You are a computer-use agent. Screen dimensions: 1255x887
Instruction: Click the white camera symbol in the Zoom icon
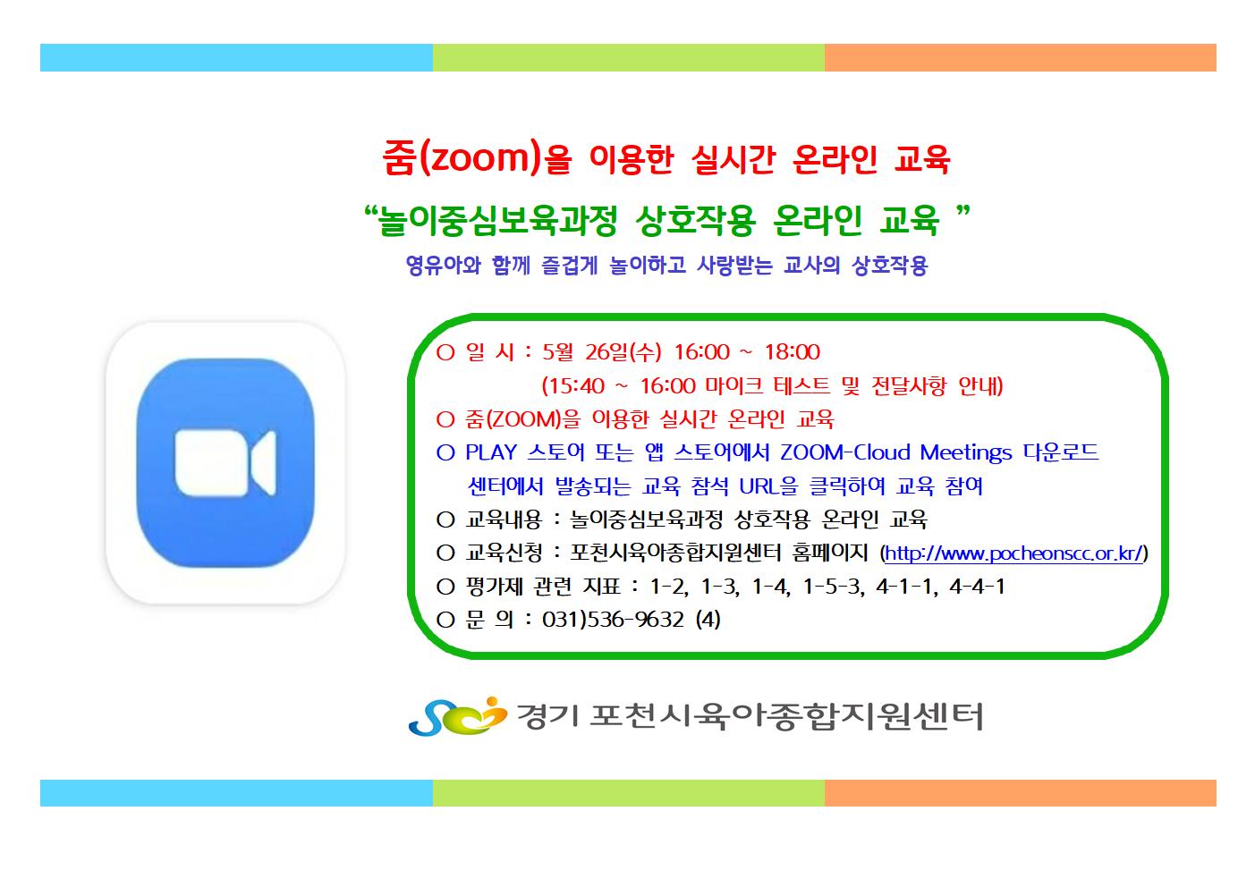click(x=225, y=463)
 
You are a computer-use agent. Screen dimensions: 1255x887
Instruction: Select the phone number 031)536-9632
click(x=613, y=620)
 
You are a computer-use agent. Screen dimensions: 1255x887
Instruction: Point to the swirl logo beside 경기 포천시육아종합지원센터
click(x=458, y=716)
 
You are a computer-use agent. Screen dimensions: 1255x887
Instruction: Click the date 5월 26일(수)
click(x=602, y=352)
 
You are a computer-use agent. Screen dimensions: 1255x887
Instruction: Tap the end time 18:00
click(x=793, y=352)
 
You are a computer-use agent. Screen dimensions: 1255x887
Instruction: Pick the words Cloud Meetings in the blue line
click(x=933, y=452)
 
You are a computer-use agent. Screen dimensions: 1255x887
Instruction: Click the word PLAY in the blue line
click(x=491, y=452)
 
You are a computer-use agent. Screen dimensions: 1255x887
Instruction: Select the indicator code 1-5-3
click(x=833, y=587)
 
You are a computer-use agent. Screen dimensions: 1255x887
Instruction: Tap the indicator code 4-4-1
click(x=977, y=587)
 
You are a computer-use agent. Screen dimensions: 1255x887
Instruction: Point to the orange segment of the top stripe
click(x=1021, y=58)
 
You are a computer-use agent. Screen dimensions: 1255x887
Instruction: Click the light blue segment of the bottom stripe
click(x=236, y=793)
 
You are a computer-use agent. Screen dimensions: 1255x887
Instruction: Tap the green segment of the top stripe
click(x=629, y=58)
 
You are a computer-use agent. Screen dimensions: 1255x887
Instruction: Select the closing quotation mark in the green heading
click(x=963, y=212)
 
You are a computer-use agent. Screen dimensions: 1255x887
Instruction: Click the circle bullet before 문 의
click(x=445, y=620)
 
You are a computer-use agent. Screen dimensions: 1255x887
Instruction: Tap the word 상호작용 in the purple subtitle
click(x=890, y=266)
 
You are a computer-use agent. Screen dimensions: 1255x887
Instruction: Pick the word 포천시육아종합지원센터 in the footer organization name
click(x=786, y=717)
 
